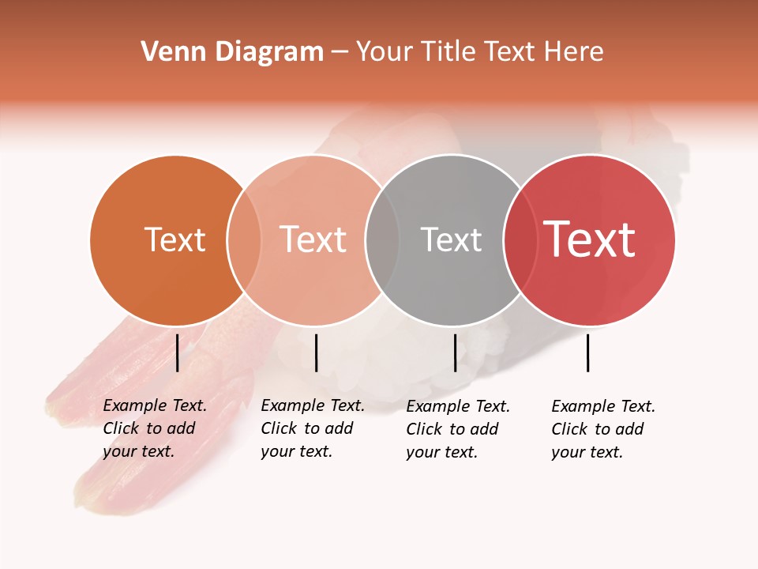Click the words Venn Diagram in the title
232,52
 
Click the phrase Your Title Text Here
479,52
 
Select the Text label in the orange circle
174,239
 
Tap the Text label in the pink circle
313,239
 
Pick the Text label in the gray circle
451,239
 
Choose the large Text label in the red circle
590,239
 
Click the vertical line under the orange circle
178,352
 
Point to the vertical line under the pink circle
316,352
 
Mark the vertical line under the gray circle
455,352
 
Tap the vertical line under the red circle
587,352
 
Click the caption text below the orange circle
154,428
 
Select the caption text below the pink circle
312,428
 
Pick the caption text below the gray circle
457,429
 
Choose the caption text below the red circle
602,429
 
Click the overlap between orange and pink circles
244,239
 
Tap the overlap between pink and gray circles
382,239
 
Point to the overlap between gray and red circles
520,239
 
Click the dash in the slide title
340,53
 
